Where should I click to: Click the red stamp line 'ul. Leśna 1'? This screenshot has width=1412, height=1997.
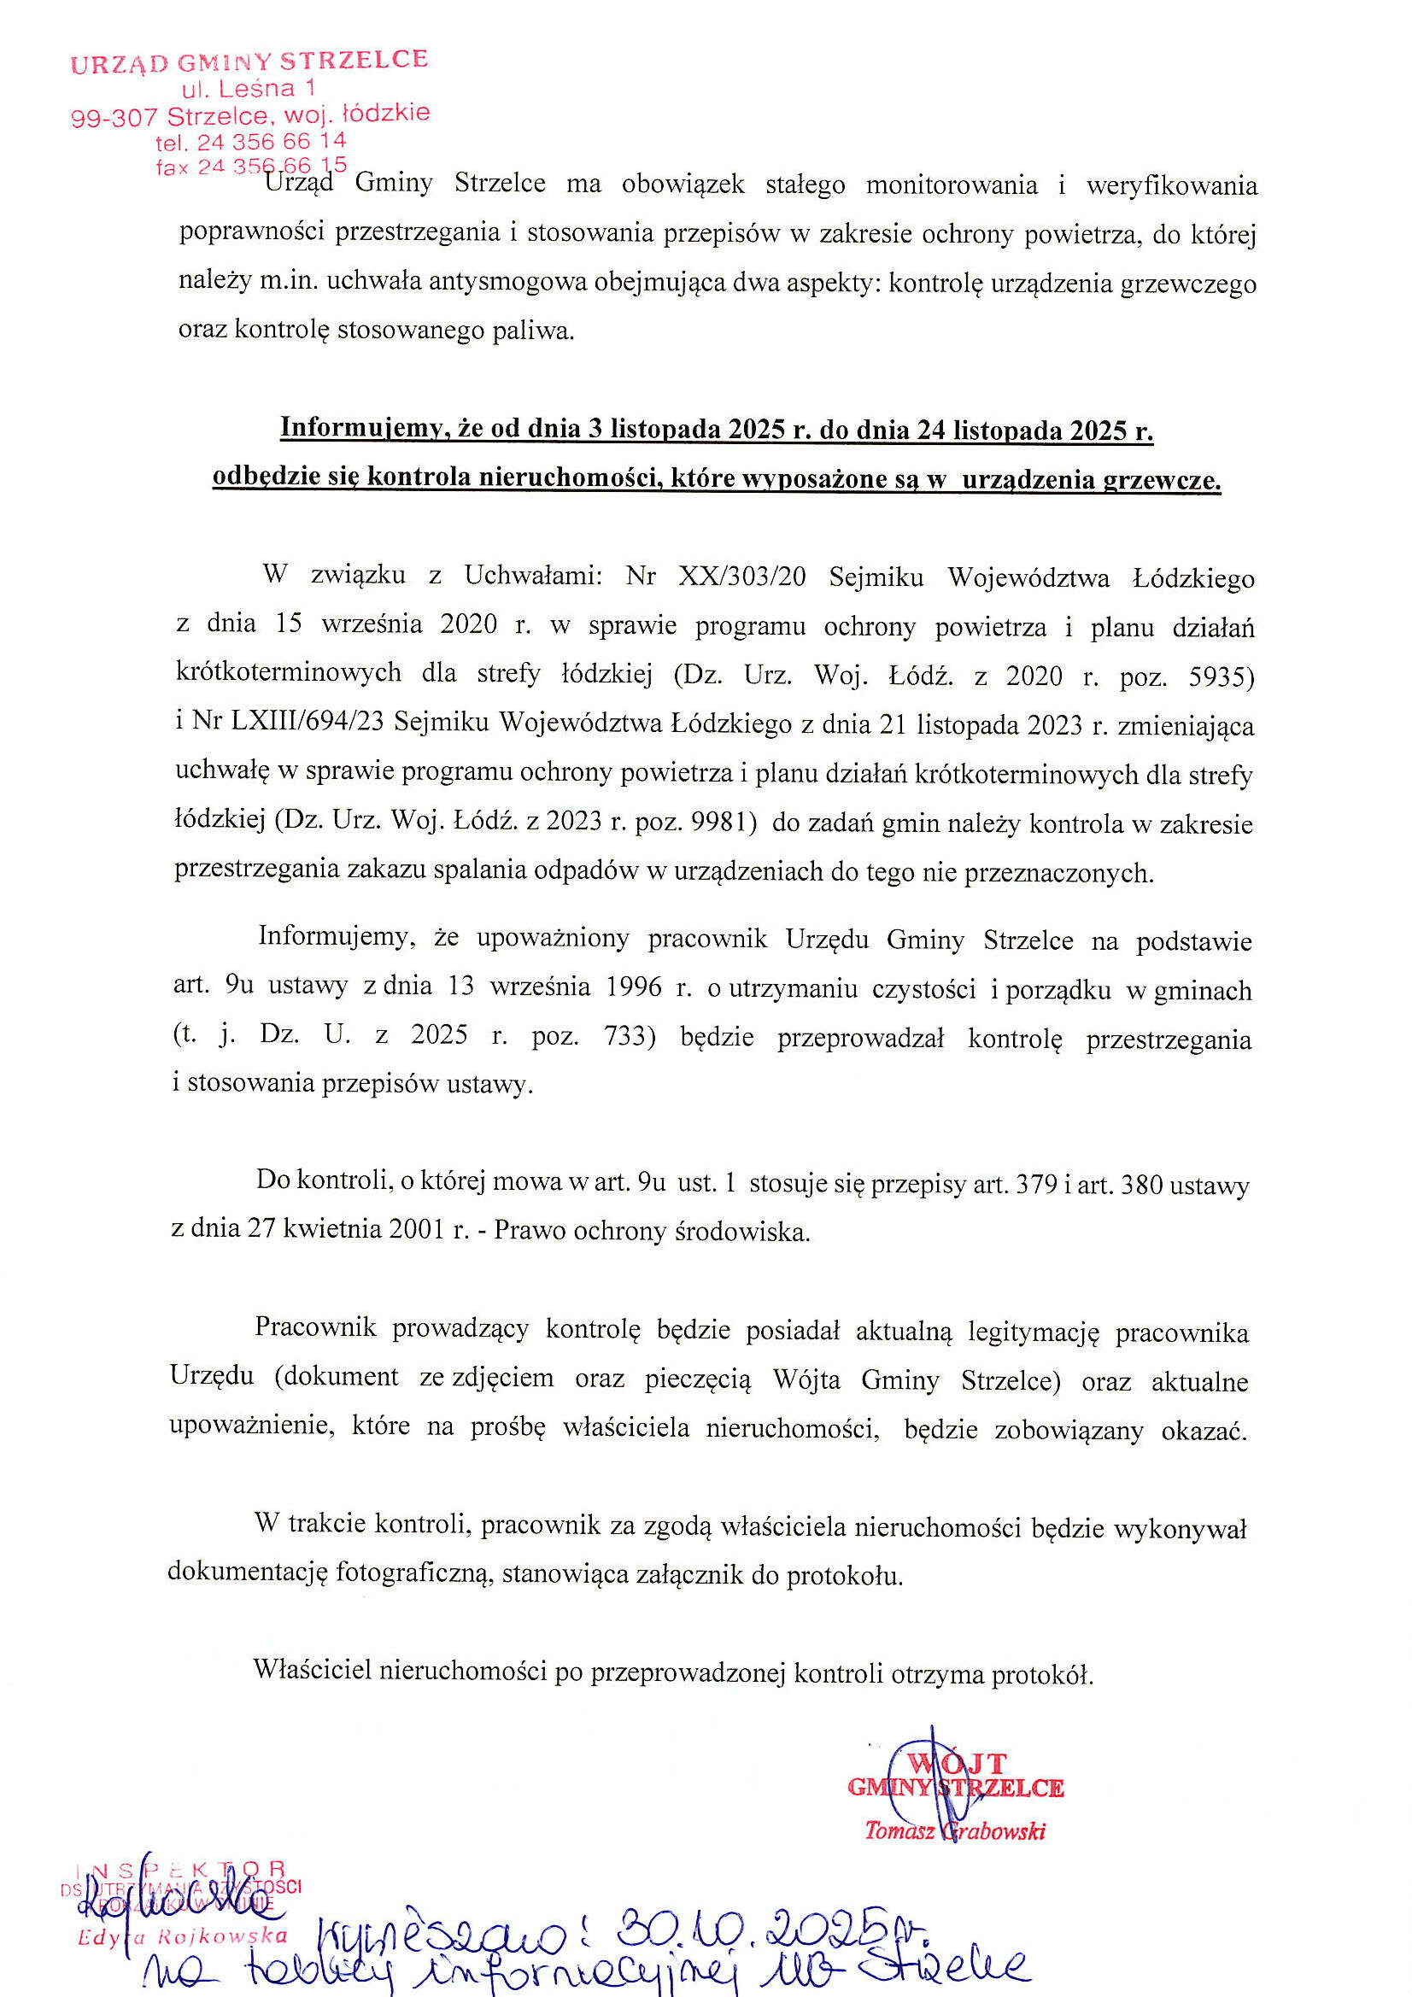pos(249,89)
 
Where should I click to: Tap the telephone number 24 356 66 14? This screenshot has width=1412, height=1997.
pos(272,141)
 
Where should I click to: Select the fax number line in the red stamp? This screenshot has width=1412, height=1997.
pos(251,166)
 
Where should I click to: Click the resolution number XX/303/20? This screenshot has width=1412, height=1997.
pos(741,577)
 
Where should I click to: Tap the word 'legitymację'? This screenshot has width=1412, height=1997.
pos(1034,1332)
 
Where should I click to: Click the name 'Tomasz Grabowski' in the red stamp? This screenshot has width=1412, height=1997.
pos(954,1831)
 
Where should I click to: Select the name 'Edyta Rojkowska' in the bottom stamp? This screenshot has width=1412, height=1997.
pos(182,1936)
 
